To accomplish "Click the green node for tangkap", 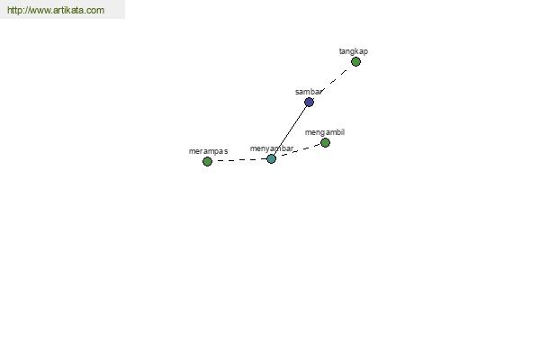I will tap(356, 62).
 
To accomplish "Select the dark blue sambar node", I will tap(310, 103).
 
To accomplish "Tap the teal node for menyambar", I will tap(271, 159).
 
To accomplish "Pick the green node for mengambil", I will tap(325, 143).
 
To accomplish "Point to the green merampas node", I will tap(208, 162).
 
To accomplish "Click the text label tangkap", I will tap(353, 51).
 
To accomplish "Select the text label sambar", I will tap(309, 92).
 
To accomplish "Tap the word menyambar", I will tap(272, 148).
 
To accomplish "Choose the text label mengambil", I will tap(324, 132).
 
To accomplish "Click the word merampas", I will tap(208, 151).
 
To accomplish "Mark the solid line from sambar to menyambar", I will tap(290, 131).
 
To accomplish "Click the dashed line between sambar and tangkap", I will tap(333, 82).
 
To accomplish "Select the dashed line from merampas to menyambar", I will tap(239, 161).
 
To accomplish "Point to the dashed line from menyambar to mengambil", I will tap(298, 152).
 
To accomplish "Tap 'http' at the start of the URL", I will tap(15, 11).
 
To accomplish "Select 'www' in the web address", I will tap(41, 11).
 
